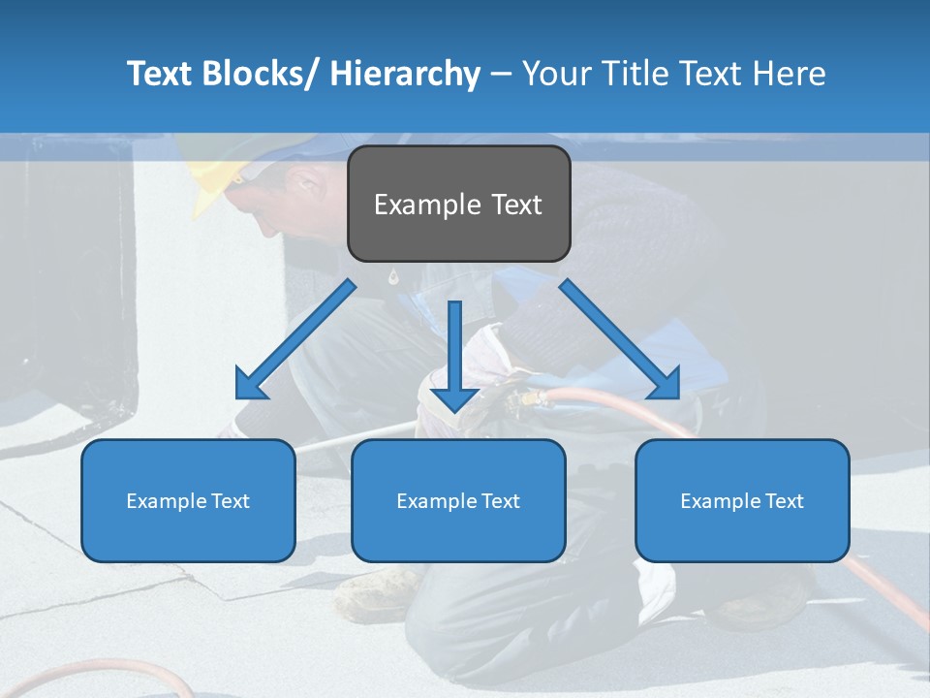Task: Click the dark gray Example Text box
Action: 458,204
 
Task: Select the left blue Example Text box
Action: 188,500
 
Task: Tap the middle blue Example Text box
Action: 458,500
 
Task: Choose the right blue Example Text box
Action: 742,500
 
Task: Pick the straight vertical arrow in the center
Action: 454,354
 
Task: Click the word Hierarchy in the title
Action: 405,74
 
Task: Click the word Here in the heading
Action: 788,74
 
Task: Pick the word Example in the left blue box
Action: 163,500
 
